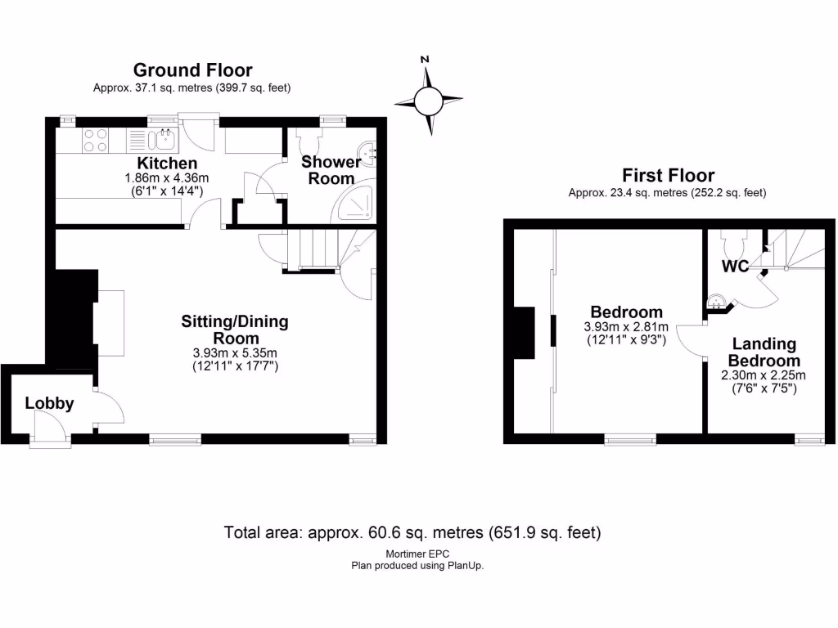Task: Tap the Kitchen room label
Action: coord(167,164)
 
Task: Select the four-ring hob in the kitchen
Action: coord(95,141)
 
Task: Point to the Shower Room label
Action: coord(331,170)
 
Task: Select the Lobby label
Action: coord(49,403)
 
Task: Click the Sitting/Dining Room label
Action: coord(235,330)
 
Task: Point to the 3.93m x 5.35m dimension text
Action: coord(235,353)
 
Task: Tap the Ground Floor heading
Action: coord(192,70)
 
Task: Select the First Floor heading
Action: coord(668,175)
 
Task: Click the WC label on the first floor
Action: coord(735,267)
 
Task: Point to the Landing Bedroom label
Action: coord(764,352)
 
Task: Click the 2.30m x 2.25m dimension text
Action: coord(763,375)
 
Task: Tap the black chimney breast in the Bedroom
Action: coord(522,333)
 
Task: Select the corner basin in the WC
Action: coord(718,303)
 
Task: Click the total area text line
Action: coord(412,533)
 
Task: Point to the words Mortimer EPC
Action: coord(417,554)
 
